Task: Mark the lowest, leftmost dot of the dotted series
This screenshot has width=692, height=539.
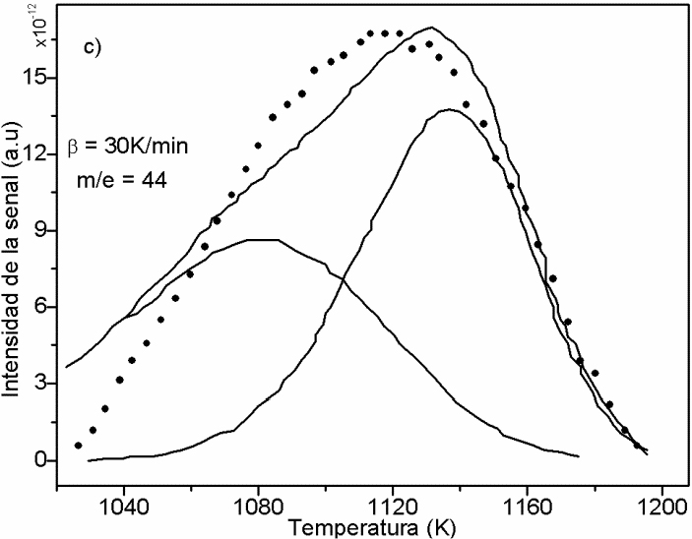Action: [x=79, y=446]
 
